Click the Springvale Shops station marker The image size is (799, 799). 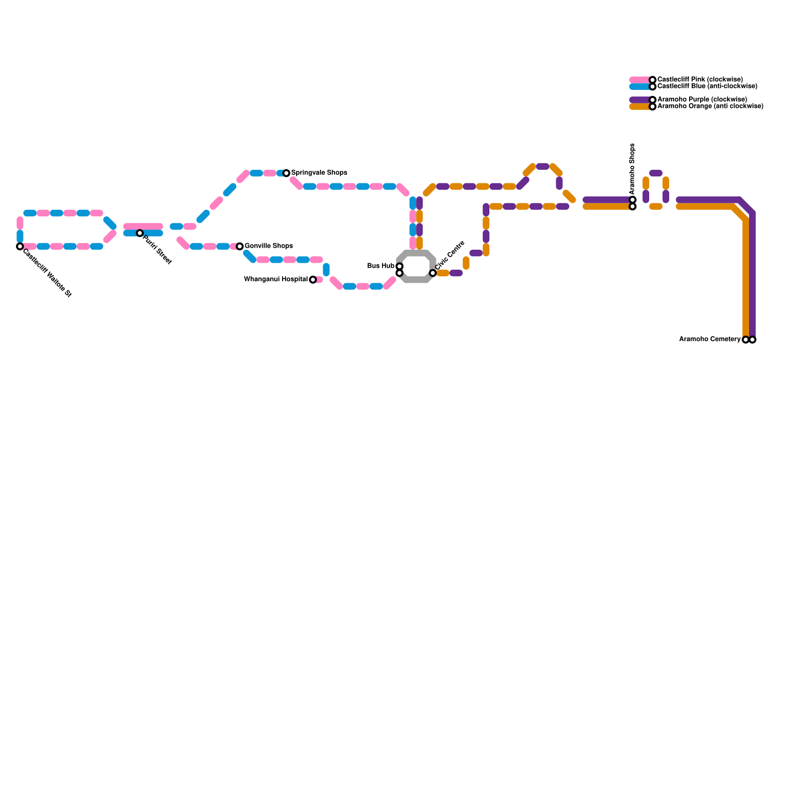(x=286, y=173)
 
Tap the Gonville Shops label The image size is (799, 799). (x=269, y=246)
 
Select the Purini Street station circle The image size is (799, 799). (x=140, y=233)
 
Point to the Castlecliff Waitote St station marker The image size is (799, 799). (x=20, y=247)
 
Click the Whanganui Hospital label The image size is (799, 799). (x=276, y=280)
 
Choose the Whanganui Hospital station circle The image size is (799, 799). (x=313, y=280)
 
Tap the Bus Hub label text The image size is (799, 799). (x=381, y=266)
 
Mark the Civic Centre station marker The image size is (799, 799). (x=433, y=273)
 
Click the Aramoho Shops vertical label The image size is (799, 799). (x=632, y=169)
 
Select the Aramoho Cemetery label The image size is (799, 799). (x=710, y=340)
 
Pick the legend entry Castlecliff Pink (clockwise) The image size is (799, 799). (x=700, y=80)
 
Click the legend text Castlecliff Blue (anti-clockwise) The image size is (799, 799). (x=707, y=86)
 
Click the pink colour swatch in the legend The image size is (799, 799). (x=640, y=80)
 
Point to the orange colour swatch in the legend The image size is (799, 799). (x=640, y=106)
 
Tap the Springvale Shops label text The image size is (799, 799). (x=319, y=173)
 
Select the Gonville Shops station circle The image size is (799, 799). (x=240, y=247)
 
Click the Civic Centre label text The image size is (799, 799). (x=450, y=256)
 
